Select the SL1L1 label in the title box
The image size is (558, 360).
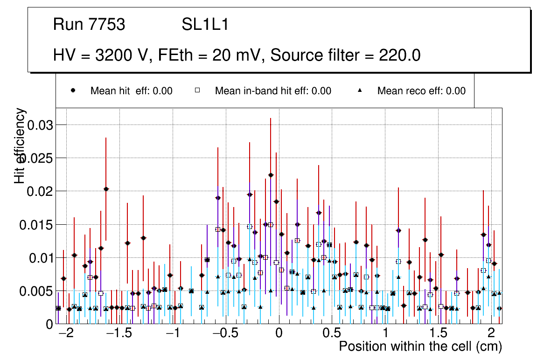(205, 25)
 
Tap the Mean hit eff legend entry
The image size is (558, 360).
(131, 91)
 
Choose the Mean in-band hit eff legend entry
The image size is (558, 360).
(273, 91)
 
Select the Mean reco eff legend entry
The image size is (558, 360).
(421, 91)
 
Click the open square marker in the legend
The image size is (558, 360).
(197, 91)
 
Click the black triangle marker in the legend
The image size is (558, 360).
(360, 91)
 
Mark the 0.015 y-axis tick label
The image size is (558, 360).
(36, 225)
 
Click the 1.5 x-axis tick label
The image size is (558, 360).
(438, 334)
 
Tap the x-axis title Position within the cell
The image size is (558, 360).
(420, 347)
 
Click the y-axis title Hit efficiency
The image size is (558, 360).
(20, 145)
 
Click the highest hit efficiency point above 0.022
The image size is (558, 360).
(271, 175)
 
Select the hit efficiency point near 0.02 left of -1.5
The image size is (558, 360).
(106, 189)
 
